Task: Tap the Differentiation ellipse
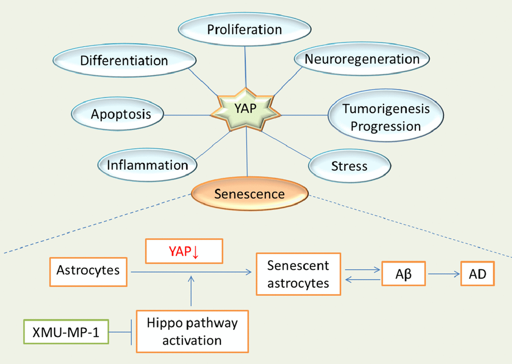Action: coord(124,61)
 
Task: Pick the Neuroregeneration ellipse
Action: coord(362,59)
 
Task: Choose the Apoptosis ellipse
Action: coord(121,114)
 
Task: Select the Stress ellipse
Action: coord(349,166)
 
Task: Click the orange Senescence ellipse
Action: coord(249,194)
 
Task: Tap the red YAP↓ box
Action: coord(183,251)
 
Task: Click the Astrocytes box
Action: coord(88,271)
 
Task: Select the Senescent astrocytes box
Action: coord(299,274)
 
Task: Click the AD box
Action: coord(478,274)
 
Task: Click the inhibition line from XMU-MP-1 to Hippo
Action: coord(122,332)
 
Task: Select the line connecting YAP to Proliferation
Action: coord(245,65)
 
